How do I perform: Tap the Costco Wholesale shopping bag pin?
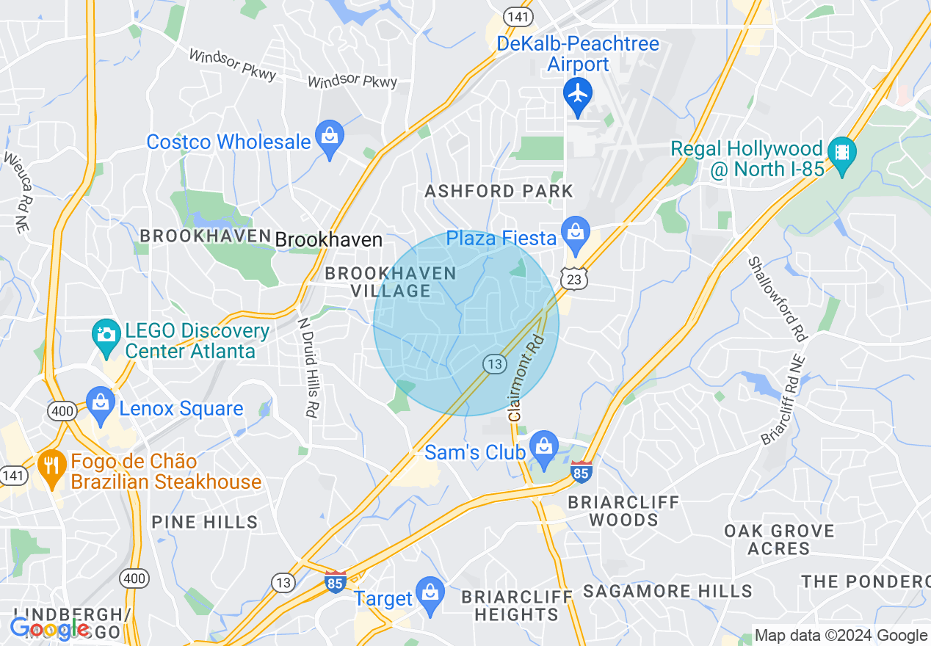click(330, 137)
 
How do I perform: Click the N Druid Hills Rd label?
click(308, 367)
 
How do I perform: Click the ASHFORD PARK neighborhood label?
click(499, 192)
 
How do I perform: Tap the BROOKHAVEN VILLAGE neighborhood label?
click(391, 282)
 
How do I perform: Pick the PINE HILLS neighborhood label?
click(205, 523)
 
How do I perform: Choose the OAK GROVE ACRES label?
click(779, 540)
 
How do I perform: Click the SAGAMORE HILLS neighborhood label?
click(667, 591)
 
